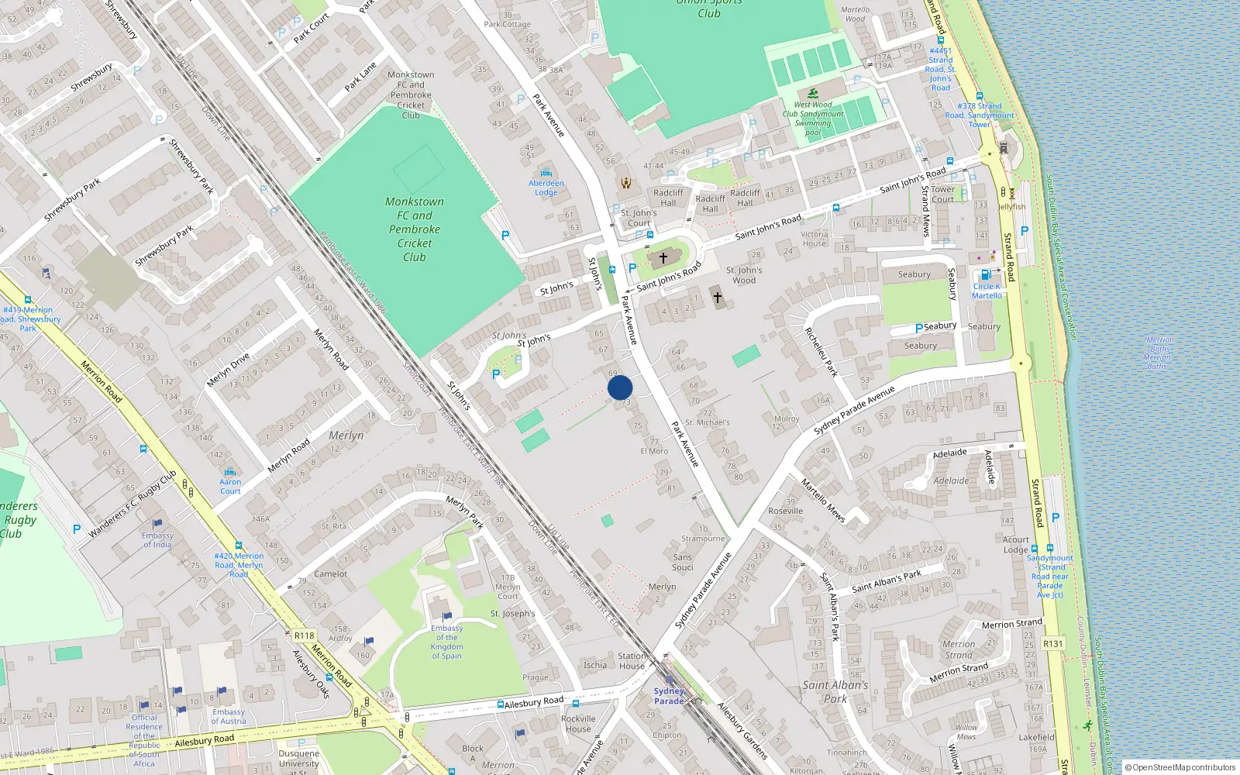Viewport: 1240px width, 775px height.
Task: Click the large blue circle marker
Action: click(620, 387)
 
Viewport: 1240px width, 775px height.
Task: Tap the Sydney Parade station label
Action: click(669, 696)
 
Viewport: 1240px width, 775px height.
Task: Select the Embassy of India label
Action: click(157, 539)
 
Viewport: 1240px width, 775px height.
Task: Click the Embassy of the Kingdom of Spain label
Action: click(446, 642)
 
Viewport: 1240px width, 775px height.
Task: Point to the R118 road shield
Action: click(305, 635)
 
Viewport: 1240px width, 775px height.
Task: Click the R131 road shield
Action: click(1052, 643)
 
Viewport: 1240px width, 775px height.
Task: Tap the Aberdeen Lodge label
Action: click(546, 188)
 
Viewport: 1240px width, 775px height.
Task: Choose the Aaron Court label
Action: click(230, 486)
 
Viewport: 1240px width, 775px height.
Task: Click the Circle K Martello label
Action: click(987, 291)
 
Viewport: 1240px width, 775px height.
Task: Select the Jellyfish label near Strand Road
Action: click(1011, 207)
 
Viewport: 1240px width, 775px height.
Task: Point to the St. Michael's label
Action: click(707, 422)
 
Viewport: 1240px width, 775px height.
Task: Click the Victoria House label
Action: click(814, 239)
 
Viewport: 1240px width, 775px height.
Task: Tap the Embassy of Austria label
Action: click(229, 716)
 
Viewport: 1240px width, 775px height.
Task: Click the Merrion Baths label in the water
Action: click(1159, 353)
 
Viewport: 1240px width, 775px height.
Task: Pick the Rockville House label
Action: click(578, 724)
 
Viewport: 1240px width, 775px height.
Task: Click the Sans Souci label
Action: click(683, 562)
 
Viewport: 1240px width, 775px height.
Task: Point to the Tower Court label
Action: click(942, 194)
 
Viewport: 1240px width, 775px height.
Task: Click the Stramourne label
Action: click(703, 538)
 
